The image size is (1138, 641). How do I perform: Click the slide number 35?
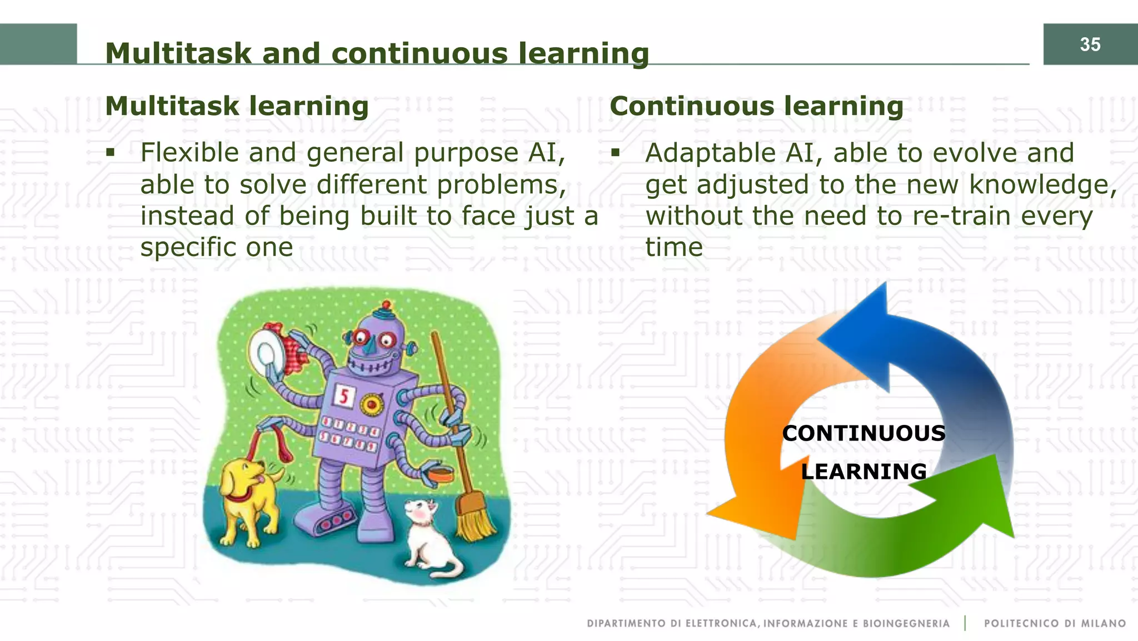coord(1090,44)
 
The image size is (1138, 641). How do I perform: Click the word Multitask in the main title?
coord(178,54)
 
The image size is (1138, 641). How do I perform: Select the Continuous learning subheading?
coord(756,106)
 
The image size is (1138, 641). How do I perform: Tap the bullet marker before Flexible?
coord(111,152)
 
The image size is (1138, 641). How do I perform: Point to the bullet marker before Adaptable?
coord(615,152)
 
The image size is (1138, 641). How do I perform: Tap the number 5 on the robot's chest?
coord(344,397)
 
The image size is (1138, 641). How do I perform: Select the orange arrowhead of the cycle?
coord(761,511)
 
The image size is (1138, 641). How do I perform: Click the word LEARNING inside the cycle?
coord(864,472)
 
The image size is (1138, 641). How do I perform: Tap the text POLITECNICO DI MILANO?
coord(1054,623)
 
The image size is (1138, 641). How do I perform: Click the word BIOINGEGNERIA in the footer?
coord(906,623)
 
